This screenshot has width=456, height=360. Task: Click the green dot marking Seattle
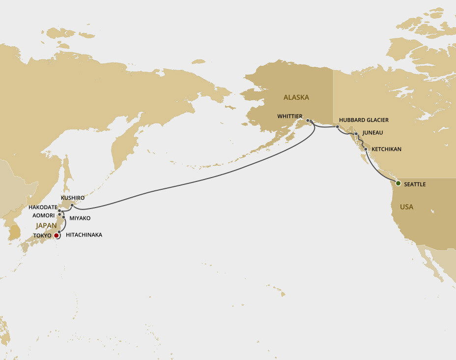398,183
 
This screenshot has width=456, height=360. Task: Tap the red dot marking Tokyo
57,236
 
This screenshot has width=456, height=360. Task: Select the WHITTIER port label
289,116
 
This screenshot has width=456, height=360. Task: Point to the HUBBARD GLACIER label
364,120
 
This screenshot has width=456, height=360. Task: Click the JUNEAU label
372,133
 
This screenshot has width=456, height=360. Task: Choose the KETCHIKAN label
386,149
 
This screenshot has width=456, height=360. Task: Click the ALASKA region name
296,97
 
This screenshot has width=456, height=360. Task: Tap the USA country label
406,207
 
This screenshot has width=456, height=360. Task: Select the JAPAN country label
46,226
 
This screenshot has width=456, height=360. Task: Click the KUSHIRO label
73,197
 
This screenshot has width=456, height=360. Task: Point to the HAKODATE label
43,207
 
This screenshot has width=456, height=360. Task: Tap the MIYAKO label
80,218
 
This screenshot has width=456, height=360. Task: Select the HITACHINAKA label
84,235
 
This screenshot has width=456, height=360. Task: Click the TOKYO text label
43,236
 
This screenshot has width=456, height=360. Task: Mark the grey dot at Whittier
308,120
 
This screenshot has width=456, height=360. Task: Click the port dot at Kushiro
72,205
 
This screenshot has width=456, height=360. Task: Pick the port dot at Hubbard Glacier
337,126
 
